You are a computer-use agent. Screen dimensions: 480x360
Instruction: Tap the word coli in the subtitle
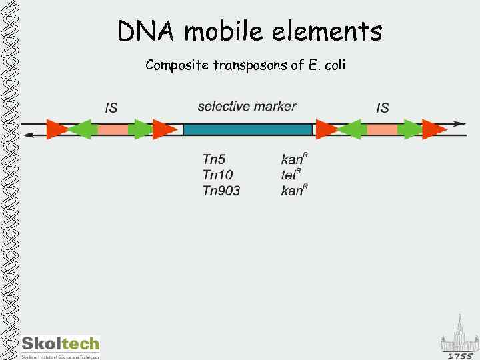pyautogui.click(x=333, y=65)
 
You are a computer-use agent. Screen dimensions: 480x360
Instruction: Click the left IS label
pyautogui.click(x=111, y=107)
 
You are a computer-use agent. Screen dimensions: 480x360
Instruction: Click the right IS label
pyautogui.click(x=383, y=107)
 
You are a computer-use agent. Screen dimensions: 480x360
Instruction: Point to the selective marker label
pyautogui.click(x=247, y=106)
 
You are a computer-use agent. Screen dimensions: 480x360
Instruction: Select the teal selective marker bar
pyautogui.click(x=248, y=129)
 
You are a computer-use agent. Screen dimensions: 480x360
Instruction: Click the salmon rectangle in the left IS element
pyautogui.click(x=111, y=129)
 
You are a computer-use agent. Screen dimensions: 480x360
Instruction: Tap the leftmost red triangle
pyautogui.click(x=56, y=129)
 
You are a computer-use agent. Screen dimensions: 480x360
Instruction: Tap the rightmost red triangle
pyautogui.click(x=434, y=129)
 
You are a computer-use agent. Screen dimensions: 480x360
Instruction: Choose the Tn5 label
pyautogui.click(x=214, y=159)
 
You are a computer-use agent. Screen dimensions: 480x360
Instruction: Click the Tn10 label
pyautogui.click(x=217, y=175)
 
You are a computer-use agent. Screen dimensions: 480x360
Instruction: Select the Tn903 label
pyautogui.click(x=221, y=191)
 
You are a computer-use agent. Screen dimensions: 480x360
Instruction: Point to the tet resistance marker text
pyautogui.click(x=291, y=175)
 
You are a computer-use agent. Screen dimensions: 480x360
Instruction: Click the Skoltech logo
pyautogui.click(x=60, y=345)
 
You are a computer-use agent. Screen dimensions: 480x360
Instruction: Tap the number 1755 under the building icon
pyautogui.click(x=460, y=355)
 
